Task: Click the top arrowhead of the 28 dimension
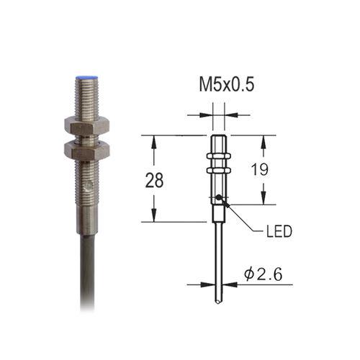click(153, 140)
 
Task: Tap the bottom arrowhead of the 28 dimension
click(153, 217)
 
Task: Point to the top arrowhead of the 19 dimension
click(265, 140)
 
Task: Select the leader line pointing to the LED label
click(241, 220)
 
